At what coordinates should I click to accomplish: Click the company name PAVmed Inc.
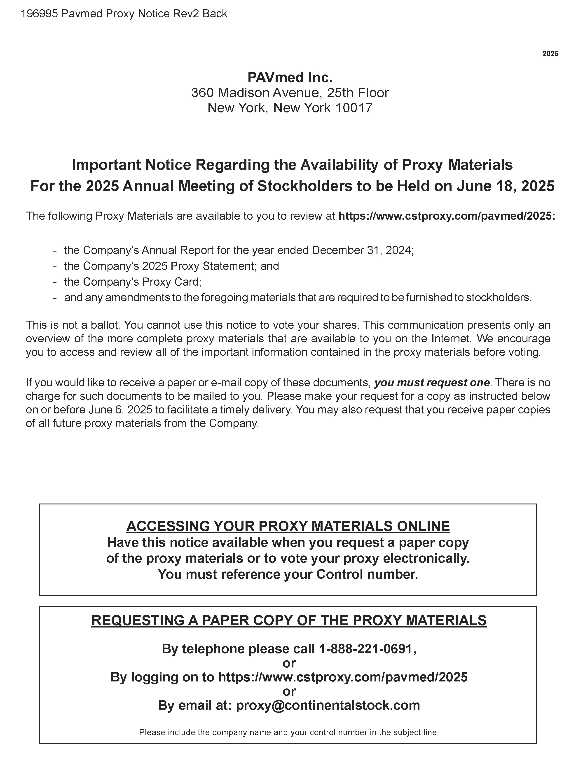[290, 77]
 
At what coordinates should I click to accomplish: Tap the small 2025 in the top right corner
[550, 54]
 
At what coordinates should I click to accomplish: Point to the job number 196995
[39, 14]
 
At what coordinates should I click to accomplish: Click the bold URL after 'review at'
[447, 216]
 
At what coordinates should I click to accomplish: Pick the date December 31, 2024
[362, 250]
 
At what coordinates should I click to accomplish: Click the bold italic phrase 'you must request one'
[432, 383]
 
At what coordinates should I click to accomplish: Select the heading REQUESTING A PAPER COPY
[289, 620]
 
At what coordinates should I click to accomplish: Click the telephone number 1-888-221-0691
[367, 649]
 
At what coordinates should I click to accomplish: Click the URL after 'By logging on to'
[343, 677]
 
